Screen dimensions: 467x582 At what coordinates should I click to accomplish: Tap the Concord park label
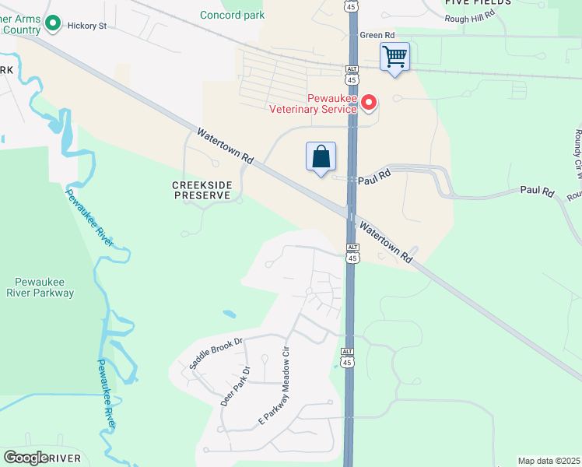pos(232,15)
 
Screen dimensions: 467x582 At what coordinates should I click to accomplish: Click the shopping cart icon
pos(394,57)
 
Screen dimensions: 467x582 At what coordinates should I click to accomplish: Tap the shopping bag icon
pos(321,157)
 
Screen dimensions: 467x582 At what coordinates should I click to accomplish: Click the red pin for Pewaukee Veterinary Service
pos(370,102)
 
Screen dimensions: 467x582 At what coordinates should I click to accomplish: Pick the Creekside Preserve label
pos(202,190)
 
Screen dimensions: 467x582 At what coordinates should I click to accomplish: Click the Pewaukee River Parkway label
pos(44,287)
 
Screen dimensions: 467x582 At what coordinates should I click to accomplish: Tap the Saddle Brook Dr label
pos(216,353)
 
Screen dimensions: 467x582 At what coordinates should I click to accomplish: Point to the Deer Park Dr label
pos(236,387)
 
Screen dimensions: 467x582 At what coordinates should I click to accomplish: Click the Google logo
pos(26,458)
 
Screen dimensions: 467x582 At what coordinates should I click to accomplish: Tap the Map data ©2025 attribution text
pos(549,461)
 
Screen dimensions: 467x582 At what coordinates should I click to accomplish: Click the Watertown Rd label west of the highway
pos(226,146)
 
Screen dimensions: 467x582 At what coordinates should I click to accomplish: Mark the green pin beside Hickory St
pos(53,24)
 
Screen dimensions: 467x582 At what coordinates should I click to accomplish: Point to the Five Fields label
pos(478,3)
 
